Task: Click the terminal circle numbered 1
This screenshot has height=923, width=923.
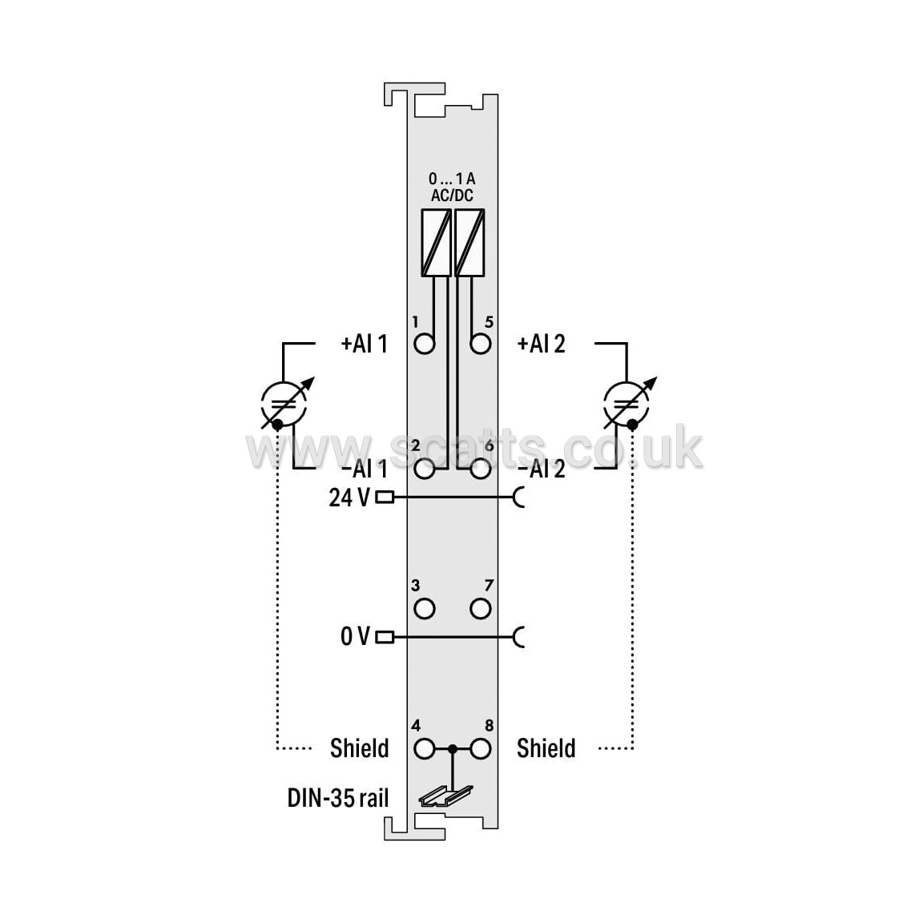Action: click(x=425, y=344)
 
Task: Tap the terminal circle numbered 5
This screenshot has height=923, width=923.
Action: click(x=481, y=344)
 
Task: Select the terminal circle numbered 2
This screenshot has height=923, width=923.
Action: click(x=425, y=470)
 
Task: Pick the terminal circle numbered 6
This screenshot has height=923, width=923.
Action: click(x=481, y=470)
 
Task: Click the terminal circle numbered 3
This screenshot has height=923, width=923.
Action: click(x=425, y=609)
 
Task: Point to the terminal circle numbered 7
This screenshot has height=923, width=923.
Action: click(x=481, y=609)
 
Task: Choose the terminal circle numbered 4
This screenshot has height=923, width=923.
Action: click(x=425, y=749)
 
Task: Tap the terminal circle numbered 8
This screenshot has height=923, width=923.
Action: click(x=481, y=749)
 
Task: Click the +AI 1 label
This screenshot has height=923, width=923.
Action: click(x=365, y=344)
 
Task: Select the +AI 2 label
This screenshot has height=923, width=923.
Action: click(x=541, y=344)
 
